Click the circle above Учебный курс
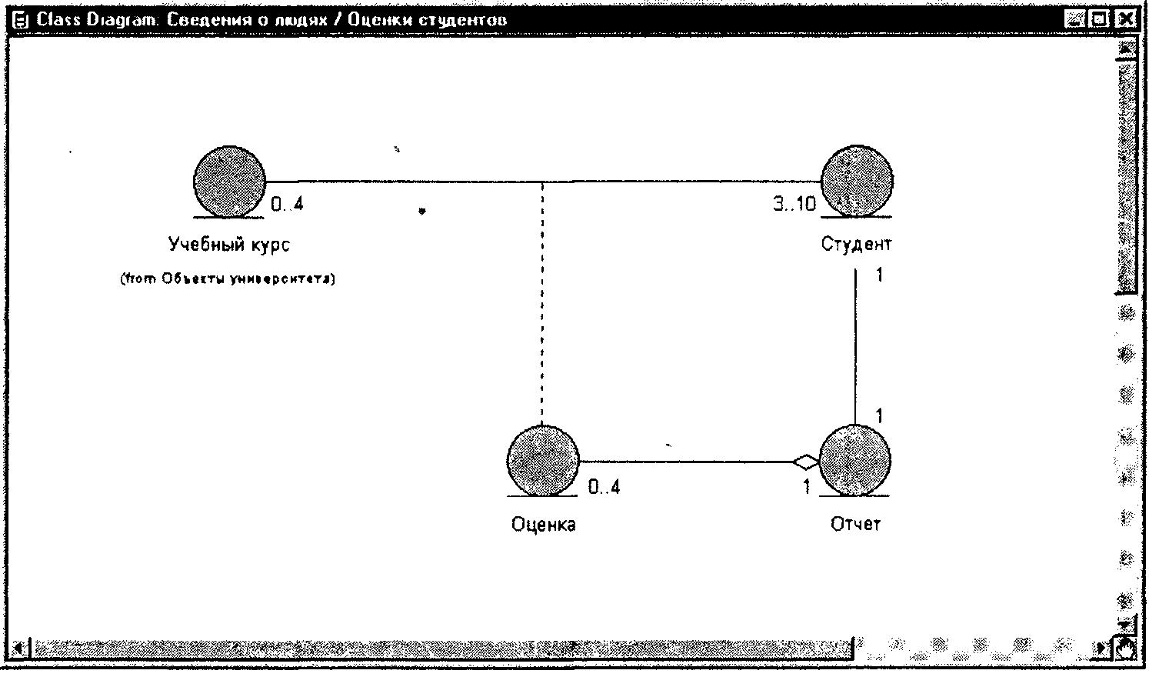tap(229, 181)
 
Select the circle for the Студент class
tap(857, 181)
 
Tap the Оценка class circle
tap(542, 460)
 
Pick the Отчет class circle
tap(854, 460)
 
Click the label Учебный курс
tap(229, 245)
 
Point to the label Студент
tap(856, 245)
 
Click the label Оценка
tap(543, 525)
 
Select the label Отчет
tap(855, 525)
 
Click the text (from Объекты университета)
tap(228, 279)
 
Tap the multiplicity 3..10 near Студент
tap(794, 205)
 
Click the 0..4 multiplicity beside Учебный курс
tap(287, 205)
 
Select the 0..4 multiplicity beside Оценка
tap(604, 487)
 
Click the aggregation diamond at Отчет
tap(806, 462)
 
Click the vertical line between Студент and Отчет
tap(856, 346)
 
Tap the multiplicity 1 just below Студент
tap(879, 275)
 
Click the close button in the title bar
tap(1125, 19)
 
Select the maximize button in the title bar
tap(1101, 19)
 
